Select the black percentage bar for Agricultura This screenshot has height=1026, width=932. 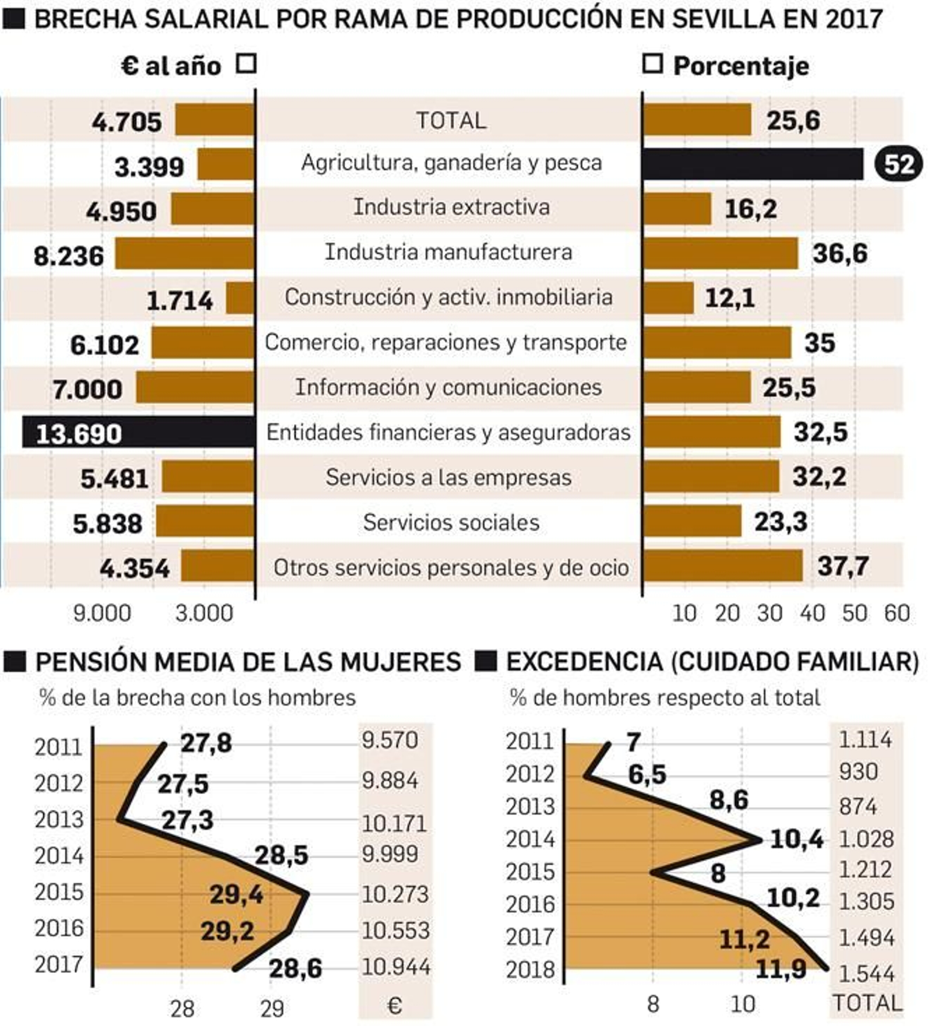pyautogui.click(x=752, y=164)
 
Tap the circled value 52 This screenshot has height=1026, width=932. pyautogui.click(x=898, y=165)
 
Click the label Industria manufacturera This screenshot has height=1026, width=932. pyautogui.click(x=448, y=252)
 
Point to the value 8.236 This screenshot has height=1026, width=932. pyautogui.click(x=69, y=256)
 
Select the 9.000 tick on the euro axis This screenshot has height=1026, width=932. pyautogui.click(x=102, y=614)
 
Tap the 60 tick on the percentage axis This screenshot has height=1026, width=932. pyautogui.click(x=897, y=614)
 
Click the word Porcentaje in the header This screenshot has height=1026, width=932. pyautogui.click(x=741, y=66)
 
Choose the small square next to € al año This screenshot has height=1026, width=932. pyautogui.click(x=246, y=64)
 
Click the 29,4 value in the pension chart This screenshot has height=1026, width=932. pyautogui.click(x=236, y=894)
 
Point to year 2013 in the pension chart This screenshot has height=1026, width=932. pyautogui.click(x=59, y=820)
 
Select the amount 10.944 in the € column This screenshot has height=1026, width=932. pyautogui.click(x=396, y=967)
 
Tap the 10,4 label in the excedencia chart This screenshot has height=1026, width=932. pyautogui.click(x=796, y=840)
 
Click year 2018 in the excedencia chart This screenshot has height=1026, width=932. pyautogui.click(x=530, y=970)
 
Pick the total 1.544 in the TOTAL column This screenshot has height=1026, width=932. pyautogui.click(x=866, y=974)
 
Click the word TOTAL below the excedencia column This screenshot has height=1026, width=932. pyautogui.click(x=867, y=1003)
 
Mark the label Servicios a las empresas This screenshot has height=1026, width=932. pyautogui.click(x=448, y=478)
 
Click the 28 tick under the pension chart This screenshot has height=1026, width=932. pyautogui.click(x=182, y=1009)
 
